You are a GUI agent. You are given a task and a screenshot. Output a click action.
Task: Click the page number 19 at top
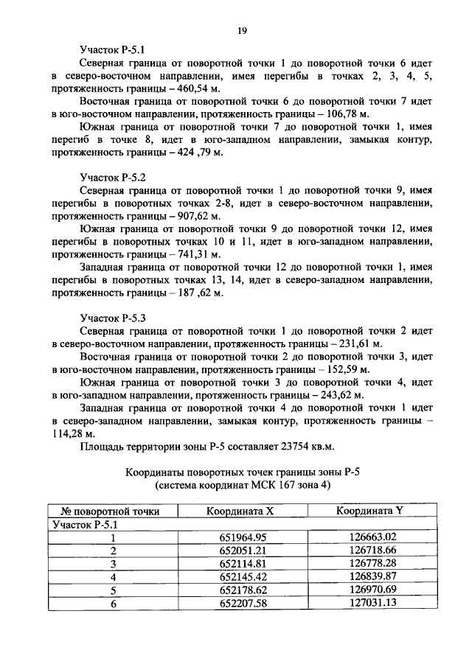point(241,29)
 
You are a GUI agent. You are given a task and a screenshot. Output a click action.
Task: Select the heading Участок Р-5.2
point(113,177)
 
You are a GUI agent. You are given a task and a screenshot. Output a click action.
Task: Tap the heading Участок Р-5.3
point(113,317)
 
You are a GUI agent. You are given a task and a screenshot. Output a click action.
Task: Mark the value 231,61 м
point(357,343)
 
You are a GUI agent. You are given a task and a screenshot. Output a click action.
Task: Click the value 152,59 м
point(345,369)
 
